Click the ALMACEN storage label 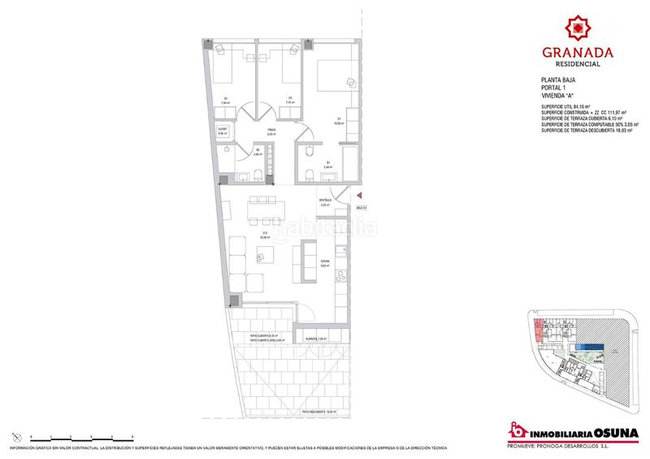click(316, 337)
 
